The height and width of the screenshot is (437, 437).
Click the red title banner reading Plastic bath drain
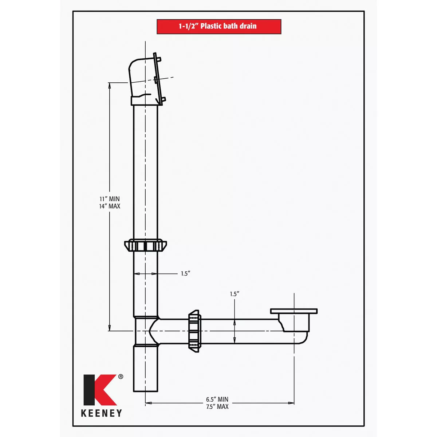point(219,27)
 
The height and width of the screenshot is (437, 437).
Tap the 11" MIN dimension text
point(110,199)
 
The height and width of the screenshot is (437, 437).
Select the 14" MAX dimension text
point(110,206)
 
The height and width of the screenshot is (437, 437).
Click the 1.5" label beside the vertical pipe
point(186,273)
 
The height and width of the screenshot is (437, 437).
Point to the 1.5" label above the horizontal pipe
point(235,294)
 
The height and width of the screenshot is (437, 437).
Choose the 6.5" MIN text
point(217,399)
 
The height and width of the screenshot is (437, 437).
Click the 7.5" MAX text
point(217,406)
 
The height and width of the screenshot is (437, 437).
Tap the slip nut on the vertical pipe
point(146,245)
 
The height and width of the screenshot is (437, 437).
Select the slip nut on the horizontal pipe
point(194,331)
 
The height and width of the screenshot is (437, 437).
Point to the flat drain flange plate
point(294,311)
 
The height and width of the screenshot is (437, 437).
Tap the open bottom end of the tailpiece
point(146,390)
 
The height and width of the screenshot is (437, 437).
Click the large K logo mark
point(99,390)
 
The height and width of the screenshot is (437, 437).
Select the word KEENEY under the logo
point(101,413)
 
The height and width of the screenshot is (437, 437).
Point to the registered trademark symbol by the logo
point(121,377)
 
